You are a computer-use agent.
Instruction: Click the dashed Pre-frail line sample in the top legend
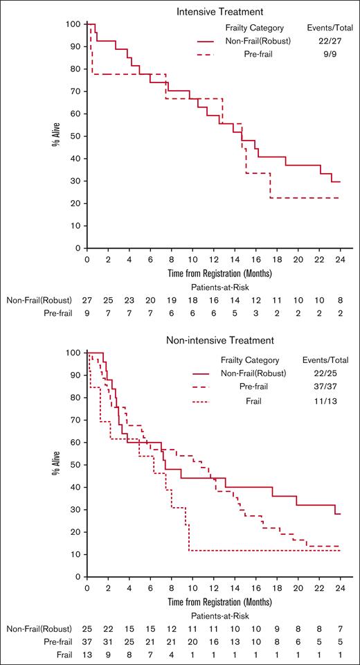tap(213, 56)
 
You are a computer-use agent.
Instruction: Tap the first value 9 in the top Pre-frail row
tap(87, 313)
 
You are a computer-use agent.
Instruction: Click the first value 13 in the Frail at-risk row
tap(87, 655)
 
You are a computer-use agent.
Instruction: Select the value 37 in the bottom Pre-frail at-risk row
tap(87, 641)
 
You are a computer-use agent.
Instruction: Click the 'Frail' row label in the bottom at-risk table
tap(62, 655)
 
